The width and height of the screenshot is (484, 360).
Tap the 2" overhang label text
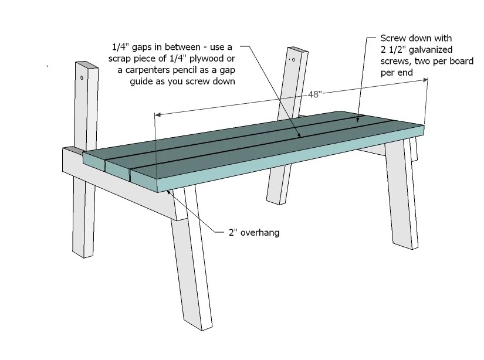tap(253, 233)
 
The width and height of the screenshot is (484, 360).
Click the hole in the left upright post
tap(82, 77)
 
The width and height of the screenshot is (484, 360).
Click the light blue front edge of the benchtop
tap(293, 158)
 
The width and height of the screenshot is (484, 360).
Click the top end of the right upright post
tap(297, 49)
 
